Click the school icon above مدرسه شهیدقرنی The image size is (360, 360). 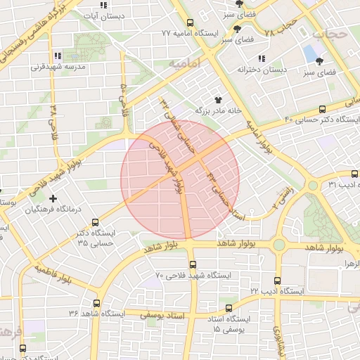tap(58, 56)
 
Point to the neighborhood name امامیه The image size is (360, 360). tap(185, 63)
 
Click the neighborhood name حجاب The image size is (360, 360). tap(329, 32)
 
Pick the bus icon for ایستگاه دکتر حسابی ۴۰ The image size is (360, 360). tap(322, 109)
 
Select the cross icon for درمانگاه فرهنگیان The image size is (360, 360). tap(53, 199)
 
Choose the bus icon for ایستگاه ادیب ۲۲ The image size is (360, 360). tap(278, 280)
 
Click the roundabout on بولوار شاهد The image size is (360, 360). tap(279, 245)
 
